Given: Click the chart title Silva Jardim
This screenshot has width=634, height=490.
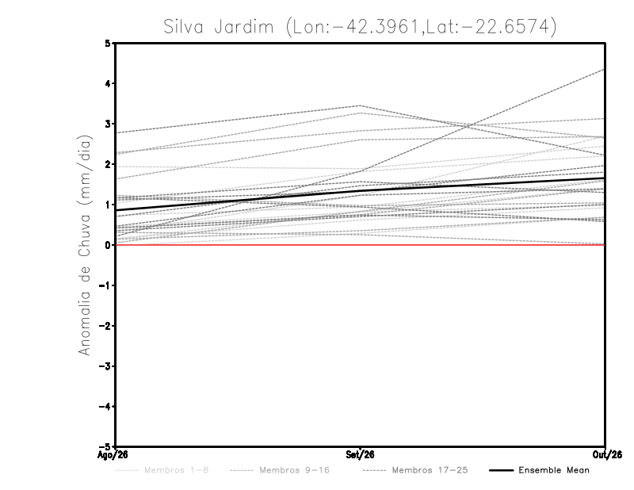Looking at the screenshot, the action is coord(219,27).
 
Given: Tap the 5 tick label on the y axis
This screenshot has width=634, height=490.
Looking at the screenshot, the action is coord(107,43).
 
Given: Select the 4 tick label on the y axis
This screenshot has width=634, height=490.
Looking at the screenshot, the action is coord(107,83).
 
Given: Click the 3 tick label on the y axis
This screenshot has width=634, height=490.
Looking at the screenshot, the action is coord(107,124).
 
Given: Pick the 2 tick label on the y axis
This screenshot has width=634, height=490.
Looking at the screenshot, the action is coord(107,164).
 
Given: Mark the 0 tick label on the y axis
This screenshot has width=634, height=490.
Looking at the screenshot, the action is coord(107,245).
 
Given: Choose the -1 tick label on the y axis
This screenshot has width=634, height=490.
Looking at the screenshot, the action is coord(105,285).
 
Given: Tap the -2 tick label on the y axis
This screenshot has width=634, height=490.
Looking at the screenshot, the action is coord(105,326).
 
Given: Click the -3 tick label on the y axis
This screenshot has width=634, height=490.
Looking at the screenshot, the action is coord(105,366).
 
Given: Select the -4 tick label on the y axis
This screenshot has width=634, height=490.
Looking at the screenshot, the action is coord(105,406).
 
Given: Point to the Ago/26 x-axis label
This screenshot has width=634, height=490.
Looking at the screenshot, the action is coord(113,455).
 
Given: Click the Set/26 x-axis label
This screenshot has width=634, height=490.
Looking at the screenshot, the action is coord(360,455).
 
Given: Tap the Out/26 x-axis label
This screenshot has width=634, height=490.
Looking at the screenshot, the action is coord(607,455).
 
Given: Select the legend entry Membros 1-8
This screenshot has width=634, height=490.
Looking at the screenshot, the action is coord(176,470).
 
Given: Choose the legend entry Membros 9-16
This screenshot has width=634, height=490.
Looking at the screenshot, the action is coord(294,470).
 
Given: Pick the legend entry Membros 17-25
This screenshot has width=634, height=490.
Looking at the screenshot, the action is coord(430,470).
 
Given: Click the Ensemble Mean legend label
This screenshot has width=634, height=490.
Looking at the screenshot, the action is coord(554,470).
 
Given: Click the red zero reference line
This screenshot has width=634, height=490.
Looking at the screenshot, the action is coord(361,245).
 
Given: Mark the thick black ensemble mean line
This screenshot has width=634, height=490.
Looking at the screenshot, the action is coord(361,190).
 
